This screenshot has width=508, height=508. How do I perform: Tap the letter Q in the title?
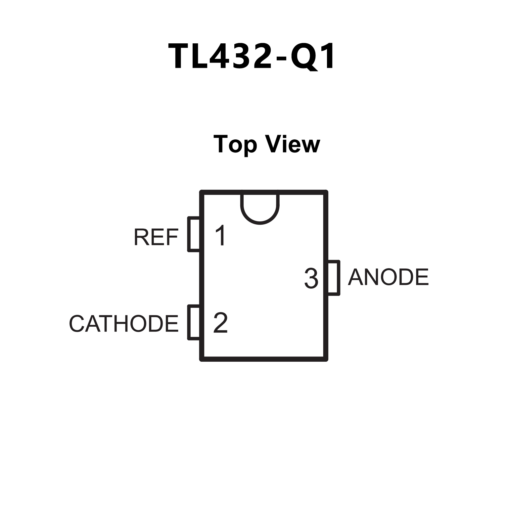(x=303, y=57)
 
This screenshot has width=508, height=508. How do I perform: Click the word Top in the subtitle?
(x=235, y=145)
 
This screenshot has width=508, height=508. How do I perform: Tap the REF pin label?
(x=156, y=237)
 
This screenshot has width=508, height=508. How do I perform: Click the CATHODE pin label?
(x=123, y=324)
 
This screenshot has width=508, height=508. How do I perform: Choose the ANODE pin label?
(x=388, y=277)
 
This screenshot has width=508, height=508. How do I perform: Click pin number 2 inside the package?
(x=220, y=323)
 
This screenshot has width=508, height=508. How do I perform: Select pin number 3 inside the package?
(x=311, y=278)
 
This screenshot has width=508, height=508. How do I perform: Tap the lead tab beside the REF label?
(x=194, y=234)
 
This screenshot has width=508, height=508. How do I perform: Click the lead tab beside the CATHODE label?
(x=194, y=322)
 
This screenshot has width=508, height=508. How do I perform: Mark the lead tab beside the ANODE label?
(x=334, y=277)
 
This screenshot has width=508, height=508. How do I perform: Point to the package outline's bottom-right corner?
(x=326, y=359)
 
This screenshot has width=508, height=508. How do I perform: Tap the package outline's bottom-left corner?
(x=202, y=359)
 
